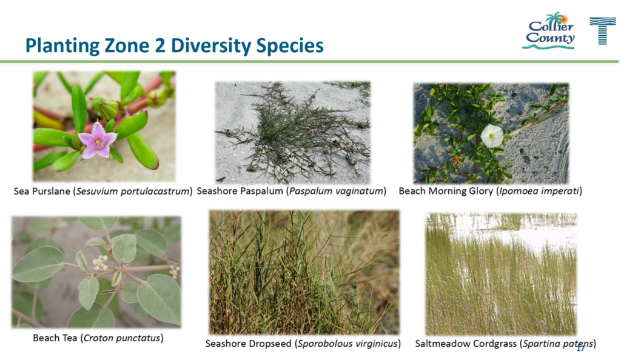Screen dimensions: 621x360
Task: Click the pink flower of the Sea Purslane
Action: point(98,141)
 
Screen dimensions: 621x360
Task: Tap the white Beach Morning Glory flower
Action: point(492,136)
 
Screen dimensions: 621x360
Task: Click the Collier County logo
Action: point(549,31)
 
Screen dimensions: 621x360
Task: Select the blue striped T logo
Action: point(602,30)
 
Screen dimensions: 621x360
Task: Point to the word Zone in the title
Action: point(126,45)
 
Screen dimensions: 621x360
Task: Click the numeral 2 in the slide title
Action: point(159,45)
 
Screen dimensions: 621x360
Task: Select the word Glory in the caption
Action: point(481,191)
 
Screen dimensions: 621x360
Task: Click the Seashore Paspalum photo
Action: point(293,133)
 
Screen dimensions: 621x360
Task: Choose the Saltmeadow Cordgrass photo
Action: point(501,274)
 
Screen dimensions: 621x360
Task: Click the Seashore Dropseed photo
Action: point(304,273)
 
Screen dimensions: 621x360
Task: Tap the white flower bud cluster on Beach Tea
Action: point(99,263)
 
